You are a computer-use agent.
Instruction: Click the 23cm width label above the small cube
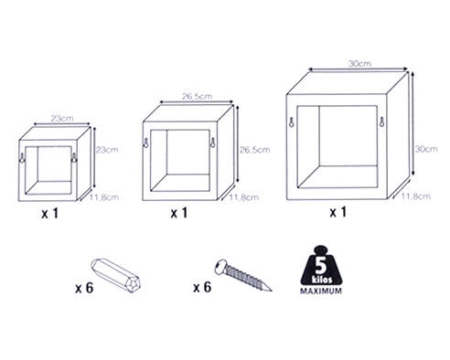pos(62,118)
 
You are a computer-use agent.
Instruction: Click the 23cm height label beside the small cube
pos(107,150)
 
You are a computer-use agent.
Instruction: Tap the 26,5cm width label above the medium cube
pos(198,96)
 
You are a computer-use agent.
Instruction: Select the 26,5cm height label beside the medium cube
pos(255,150)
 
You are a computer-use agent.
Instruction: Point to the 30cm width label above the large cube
pos(360,63)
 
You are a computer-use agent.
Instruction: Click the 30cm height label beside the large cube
pos(426,149)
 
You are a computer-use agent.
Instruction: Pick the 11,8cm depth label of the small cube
pos(104,197)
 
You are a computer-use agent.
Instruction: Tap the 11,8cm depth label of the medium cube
pos(244,197)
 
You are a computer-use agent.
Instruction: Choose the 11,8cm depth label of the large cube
pos(415,196)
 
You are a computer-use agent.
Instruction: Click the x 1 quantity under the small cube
pos(49,214)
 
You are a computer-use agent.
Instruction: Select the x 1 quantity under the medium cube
pos(179,213)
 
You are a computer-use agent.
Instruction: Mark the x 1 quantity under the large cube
pos(338,212)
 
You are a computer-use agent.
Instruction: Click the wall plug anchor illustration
pos(116,275)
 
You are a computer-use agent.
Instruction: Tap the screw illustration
pos(243,276)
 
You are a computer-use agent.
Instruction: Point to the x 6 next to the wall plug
pos(84,288)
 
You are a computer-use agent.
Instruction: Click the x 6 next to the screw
pos(202,287)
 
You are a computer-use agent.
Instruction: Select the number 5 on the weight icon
pos(321,265)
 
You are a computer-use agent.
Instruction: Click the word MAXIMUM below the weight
pos(321,291)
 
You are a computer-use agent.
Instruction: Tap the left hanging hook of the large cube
pos(292,122)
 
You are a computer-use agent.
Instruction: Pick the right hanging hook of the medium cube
pos(213,143)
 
